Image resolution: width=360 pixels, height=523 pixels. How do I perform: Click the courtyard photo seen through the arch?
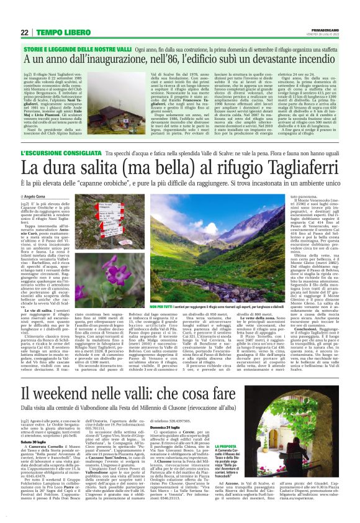tap(305, 431)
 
